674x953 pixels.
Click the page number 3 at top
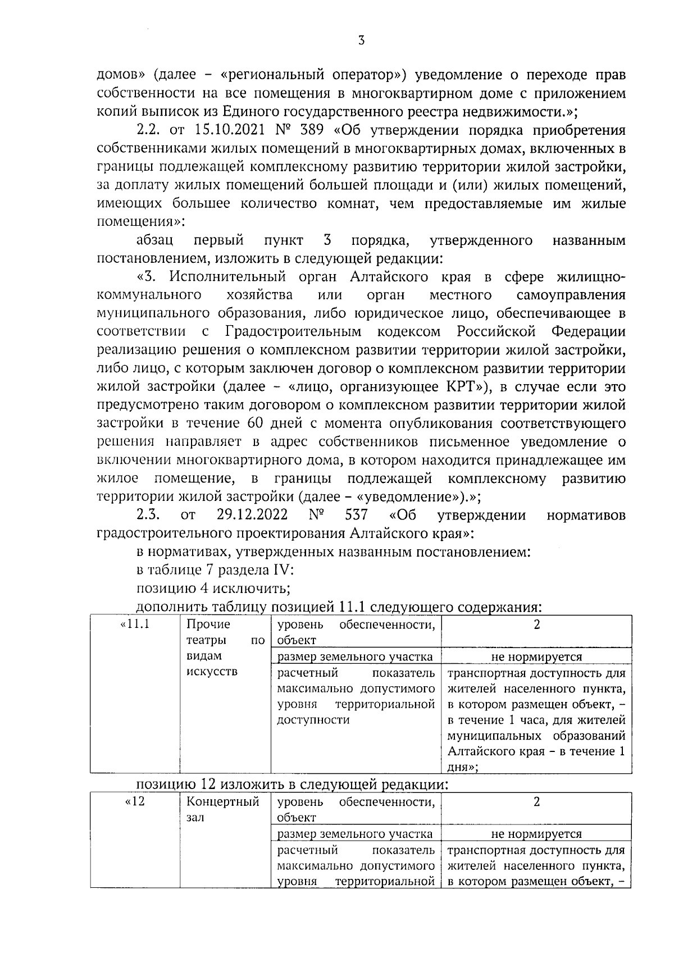pyautogui.click(x=361, y=40)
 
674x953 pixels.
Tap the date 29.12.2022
pyautogui.click(x=252, y=515)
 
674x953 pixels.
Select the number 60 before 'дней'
pyautogui.click(x=237, y=423)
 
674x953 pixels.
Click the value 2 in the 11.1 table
pyautogui.click(x=536, y=624)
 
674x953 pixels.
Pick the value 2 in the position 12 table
pyautogui.click(x=536, y=802)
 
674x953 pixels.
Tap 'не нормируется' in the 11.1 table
pyautogui.click(x=536, y=656)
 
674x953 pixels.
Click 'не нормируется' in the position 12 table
pyautogui.click(x=536, y=834)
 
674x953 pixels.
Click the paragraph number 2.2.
pyautogui.click(x=147, y=131)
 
